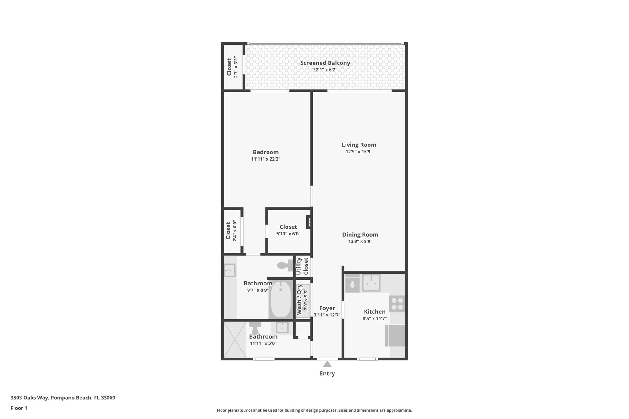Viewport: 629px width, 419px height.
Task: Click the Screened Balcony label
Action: pos(325,63)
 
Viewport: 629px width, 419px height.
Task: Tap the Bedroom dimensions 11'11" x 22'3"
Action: pos(266,159)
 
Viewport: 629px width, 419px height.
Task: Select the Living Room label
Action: pos(359,145)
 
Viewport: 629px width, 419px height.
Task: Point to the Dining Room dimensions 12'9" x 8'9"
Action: pos(360,242)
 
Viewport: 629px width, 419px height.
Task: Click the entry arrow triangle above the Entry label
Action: pos(327,364)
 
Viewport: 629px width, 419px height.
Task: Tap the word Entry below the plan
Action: pos(327,374)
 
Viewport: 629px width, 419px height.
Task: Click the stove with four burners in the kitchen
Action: pos(397,304)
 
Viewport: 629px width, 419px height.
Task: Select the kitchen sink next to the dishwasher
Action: pos(371,282)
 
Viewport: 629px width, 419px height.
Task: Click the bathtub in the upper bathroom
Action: pos(281,299)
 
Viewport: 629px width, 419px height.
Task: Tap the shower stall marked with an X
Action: pos(235,339)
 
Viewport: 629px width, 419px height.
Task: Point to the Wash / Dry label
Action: pos(299,300)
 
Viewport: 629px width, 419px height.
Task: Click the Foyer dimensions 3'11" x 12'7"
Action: pos(327,315)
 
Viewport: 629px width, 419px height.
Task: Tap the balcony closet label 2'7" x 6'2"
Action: pos(236,67)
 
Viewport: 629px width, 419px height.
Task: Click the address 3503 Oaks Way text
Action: pos(63,398)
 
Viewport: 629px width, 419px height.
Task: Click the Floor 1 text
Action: pos(19,408)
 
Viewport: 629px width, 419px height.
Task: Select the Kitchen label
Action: pos(374,312)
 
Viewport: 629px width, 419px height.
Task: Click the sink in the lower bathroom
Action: pos(282,328)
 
